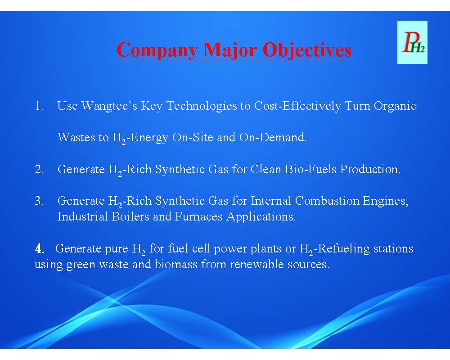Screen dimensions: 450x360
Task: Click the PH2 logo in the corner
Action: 412,42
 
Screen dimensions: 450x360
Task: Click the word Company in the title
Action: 157,50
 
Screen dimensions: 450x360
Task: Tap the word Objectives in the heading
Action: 307,50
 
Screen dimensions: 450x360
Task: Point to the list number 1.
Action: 39,106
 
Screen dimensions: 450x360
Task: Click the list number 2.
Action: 39,169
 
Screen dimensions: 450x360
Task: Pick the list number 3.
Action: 39,201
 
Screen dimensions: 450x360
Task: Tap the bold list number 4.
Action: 40,248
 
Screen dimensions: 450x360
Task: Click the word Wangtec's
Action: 109,106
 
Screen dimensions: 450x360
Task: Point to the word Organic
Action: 395,106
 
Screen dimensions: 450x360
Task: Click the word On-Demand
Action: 273,137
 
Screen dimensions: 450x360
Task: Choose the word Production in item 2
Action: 370,169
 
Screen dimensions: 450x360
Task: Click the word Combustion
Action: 327,201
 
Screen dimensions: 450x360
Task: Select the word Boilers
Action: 130,216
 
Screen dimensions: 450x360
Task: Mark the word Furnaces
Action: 198,216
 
